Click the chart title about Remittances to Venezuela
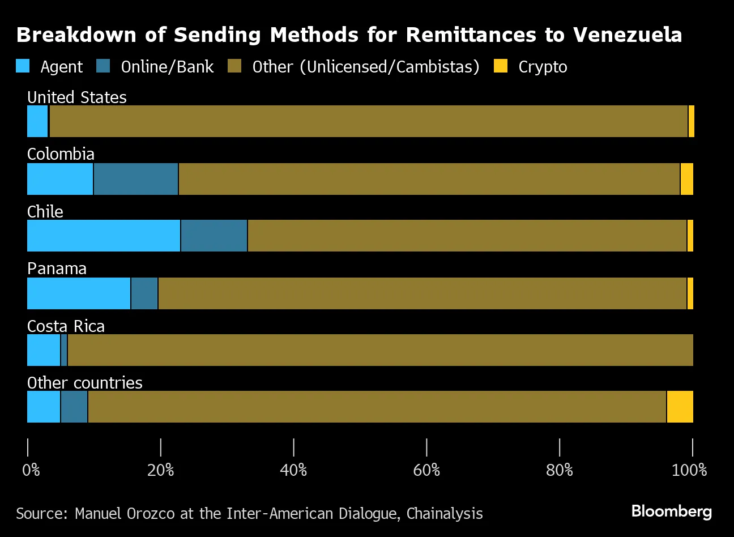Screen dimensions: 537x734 coord(349,35)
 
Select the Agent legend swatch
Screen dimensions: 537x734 coord(23,67)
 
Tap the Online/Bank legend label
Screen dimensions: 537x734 coord(167,67)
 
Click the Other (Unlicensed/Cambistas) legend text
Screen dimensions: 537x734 coord(366,67)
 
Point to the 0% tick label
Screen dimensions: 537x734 coord(31,470)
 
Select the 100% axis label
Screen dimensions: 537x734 coord(689,470)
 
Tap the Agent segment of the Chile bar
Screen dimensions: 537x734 coord(104,236)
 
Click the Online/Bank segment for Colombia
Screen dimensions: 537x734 coord(136,179)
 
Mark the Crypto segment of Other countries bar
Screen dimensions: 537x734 coord(680,407)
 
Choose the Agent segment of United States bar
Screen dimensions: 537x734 coord(37,121)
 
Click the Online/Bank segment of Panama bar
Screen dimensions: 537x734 coord(144,293)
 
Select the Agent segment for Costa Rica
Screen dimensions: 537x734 coord(44,350)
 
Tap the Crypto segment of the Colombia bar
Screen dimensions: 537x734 coord(686,179)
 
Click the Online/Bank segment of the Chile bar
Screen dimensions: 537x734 coord(214,236)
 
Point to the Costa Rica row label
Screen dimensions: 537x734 coord(66,326)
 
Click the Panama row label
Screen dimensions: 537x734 coord(57,268)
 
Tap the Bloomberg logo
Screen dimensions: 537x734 coord(671,511)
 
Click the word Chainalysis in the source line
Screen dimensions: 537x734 coord(445,514)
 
